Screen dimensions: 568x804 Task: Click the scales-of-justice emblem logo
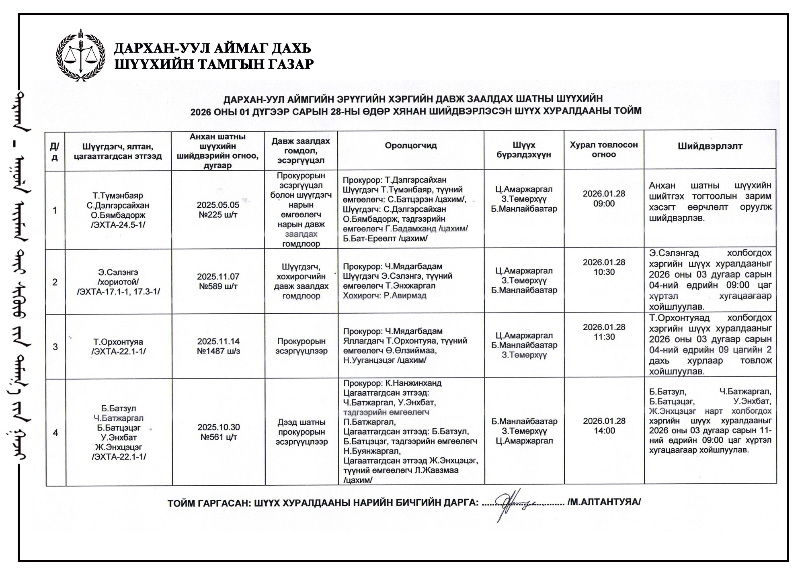click(80, 55)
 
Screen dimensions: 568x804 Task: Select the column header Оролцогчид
click(410, 146)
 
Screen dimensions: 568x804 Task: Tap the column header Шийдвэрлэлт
click(710, 146)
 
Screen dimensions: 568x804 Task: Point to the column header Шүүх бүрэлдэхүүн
click(523, 150)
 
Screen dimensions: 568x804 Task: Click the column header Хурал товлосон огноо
click(603, 149)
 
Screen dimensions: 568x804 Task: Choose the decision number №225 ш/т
click(218, 215)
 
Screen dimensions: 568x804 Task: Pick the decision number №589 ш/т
click(218, 286)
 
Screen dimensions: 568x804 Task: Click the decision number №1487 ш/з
click(218, 351)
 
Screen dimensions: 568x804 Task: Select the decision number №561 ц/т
click(219, 437)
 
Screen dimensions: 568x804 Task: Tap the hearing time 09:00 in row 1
click(604, 204)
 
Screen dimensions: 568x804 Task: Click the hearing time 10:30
click(604, 272)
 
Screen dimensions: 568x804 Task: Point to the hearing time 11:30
click(604, 337)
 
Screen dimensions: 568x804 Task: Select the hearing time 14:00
click(604, 431)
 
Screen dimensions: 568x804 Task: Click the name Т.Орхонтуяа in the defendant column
click(118, 342)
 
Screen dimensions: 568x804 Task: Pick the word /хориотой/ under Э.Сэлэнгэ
click(118, 282)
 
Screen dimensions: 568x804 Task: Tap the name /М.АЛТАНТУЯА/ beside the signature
click(604, 502)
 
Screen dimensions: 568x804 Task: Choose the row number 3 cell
click(55, 347)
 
